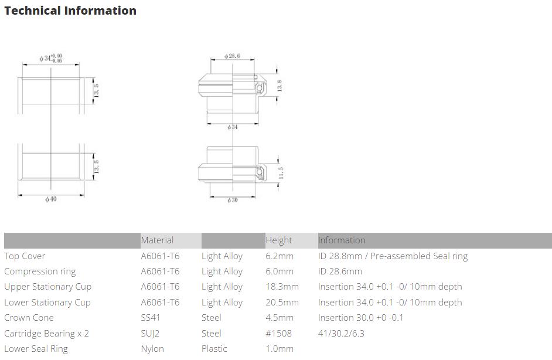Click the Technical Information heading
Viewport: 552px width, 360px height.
pos(70,11)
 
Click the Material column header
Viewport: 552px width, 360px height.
pos(157,240)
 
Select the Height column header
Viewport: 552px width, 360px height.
pos(279,240)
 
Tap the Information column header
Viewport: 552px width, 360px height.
pos(342,240)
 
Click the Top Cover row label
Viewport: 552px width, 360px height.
pos(25,256)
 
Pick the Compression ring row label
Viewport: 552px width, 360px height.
pos(40,271)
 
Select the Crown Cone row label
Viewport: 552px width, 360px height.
pos(29,318)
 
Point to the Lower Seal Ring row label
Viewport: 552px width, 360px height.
pos(36,349)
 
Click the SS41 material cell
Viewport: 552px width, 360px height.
pos(151,318)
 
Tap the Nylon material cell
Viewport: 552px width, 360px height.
pos(152,349)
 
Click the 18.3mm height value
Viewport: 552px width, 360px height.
pos(282,287)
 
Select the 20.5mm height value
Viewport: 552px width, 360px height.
pos(282,303)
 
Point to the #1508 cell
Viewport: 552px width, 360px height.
pos(278,333)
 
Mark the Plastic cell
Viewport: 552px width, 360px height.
pos(214,349)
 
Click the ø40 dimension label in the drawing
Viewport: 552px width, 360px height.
pos(51,200)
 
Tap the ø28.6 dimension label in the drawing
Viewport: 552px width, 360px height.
pos(232,56)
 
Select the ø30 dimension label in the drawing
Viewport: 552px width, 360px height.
pos(232,201)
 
